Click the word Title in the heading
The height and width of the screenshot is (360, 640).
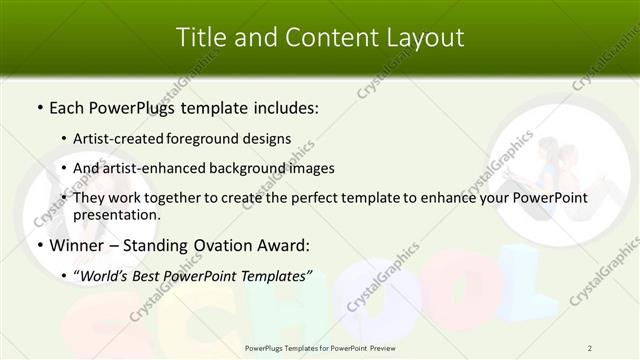[199, 37]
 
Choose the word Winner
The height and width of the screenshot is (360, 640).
[77, 245]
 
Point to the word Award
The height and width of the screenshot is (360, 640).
[284, 245]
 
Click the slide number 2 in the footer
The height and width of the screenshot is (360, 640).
[590, 348]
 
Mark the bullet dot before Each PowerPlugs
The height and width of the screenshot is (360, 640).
[38, 106]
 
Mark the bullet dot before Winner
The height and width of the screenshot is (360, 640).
[38, 246]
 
